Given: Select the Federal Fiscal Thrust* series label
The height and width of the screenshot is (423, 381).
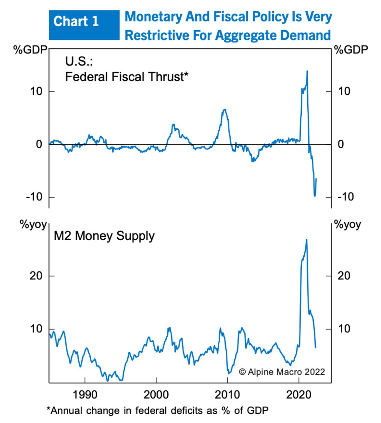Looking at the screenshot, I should pyautogui.click(x=126, y=77).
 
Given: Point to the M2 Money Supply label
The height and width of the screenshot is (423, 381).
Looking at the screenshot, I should pyautogui.click(x=104, y=236).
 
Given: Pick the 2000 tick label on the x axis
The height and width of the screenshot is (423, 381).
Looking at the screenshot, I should pyautogui.click(x=156, y=394).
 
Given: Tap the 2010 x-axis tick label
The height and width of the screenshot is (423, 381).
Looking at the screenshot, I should pyautogui.click(x=228, y=394).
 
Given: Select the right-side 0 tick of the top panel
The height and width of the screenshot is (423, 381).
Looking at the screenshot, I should pyautogui.click(x=341, y=144).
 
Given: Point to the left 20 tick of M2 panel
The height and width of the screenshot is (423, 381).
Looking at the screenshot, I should pyautogui.click(x=36, y=276).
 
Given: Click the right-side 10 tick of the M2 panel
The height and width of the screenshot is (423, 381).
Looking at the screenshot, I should pyautogui.click(x=344, y=329).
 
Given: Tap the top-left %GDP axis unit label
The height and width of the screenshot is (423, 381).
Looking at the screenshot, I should pyautogui.click(x=30, y=50).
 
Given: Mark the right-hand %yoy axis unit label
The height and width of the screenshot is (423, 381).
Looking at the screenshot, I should pyautogui.click(x=348, y=225).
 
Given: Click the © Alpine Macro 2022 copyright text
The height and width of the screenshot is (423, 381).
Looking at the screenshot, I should pyautogui.click(x=282, y=372).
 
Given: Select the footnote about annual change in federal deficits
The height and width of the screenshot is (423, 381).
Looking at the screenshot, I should pyautogui.click(x=158, y=411).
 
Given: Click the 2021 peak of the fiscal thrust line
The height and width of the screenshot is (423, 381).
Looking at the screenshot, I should pyautogui.click(x=307, y=71).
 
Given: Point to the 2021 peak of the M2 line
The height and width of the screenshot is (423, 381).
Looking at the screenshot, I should pyautogui.click(x=306, y=240).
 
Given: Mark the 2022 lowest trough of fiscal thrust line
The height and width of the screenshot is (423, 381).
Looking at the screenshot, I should pyautogui.click(x=315, y=196).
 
